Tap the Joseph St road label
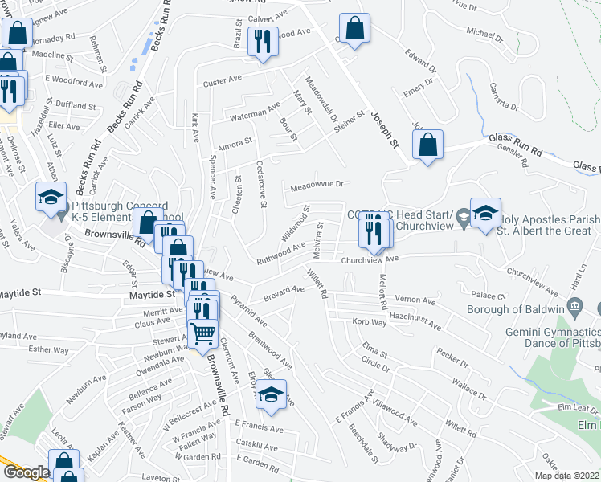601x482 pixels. click(x=385, y=129)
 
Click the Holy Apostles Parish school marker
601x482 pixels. click(x=485, y=213)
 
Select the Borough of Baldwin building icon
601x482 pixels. click(x=574, y=306)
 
